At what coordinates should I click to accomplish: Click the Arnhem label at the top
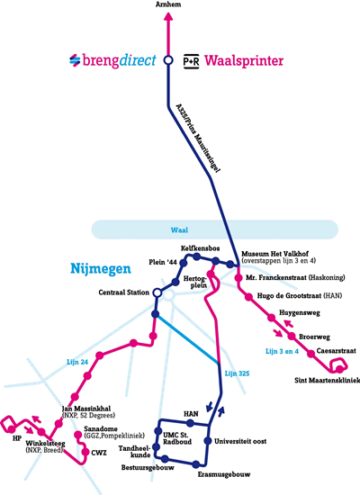pos(168,4)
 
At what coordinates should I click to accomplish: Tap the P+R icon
pos(192,61)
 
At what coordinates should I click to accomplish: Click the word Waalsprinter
pos(244,61)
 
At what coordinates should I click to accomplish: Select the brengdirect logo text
pos(119,60)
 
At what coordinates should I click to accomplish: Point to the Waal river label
pos(179,229)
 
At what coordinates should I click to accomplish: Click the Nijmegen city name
pos(101,269)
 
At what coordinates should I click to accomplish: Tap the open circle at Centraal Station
pos(157,293)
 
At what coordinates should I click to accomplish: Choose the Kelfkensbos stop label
pos(200,248)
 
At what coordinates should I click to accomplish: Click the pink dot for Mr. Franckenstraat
pos(238,278)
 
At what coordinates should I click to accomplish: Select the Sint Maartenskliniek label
pos(328,381)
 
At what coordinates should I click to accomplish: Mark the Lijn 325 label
pos(237,373)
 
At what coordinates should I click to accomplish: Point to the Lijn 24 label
pos(77,362)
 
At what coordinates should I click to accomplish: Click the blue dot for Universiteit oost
pos(208,441)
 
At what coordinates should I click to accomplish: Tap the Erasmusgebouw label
pos(224,474)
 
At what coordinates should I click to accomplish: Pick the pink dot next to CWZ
pos(85,452)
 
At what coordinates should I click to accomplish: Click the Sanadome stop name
pos(101,429)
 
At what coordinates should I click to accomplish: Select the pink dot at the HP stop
pos(12,428)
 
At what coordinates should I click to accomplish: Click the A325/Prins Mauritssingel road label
pos(198,138)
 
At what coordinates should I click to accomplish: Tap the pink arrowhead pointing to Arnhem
pos(168,16)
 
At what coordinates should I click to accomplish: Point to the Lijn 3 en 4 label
pos(282,351)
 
